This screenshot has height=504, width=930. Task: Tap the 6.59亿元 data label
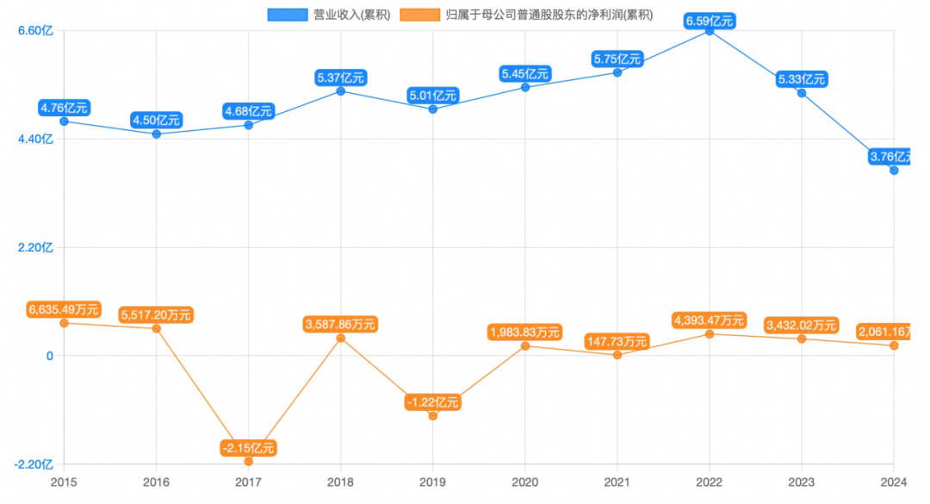pyautogui.click(x=710, y=21)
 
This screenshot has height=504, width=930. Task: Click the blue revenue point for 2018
pyautogui.click(x=341, y=90)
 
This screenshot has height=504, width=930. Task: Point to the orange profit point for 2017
pyautogui.click(x=249, y=462)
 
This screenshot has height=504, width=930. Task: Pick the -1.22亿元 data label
pyautogui.click(x=433, y=402)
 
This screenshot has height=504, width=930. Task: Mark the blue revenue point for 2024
pyautogui.click(x=894, y=171)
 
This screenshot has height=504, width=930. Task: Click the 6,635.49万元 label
pyautogui.click(x=64, y=309)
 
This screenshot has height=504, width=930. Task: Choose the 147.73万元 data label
pyautogui.click(x=617, y=341)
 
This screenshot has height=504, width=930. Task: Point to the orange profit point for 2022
pyautogui.click(x=710, y=333)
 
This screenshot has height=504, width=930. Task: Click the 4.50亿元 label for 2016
pyautogui.click(x=157, y=121)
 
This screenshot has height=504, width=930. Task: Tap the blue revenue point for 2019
pyautogui.click(x=433, y=109)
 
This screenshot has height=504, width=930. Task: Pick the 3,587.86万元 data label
pyautogui.click(x=341, y=325)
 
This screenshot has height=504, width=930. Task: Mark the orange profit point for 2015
pyautogui.click(x=64, y=322)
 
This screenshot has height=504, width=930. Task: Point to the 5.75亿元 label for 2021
pyautogui.click(x=617, y=59)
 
